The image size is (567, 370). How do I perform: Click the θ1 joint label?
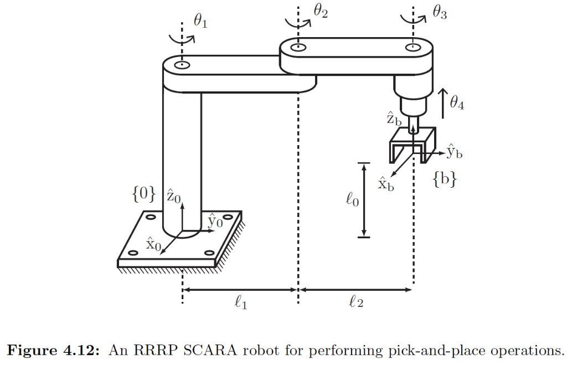[x=200, y=22]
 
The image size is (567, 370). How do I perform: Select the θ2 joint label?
[x=321, y=11]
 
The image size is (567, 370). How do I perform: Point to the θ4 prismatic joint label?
[x=457, y=102]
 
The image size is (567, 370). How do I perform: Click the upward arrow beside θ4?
[x=443, y=103]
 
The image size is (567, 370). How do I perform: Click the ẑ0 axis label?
[x=174, y=196]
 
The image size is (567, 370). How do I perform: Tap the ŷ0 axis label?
[x=215, y=221]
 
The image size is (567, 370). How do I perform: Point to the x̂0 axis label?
[x=154, y=244]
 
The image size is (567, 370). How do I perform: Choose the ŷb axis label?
[x=455, y=152]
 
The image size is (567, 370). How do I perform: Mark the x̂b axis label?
[x=386, y=183]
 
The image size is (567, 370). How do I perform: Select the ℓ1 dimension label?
[x=240, y=302]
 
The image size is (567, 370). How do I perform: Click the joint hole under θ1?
[x=182, y=65]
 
